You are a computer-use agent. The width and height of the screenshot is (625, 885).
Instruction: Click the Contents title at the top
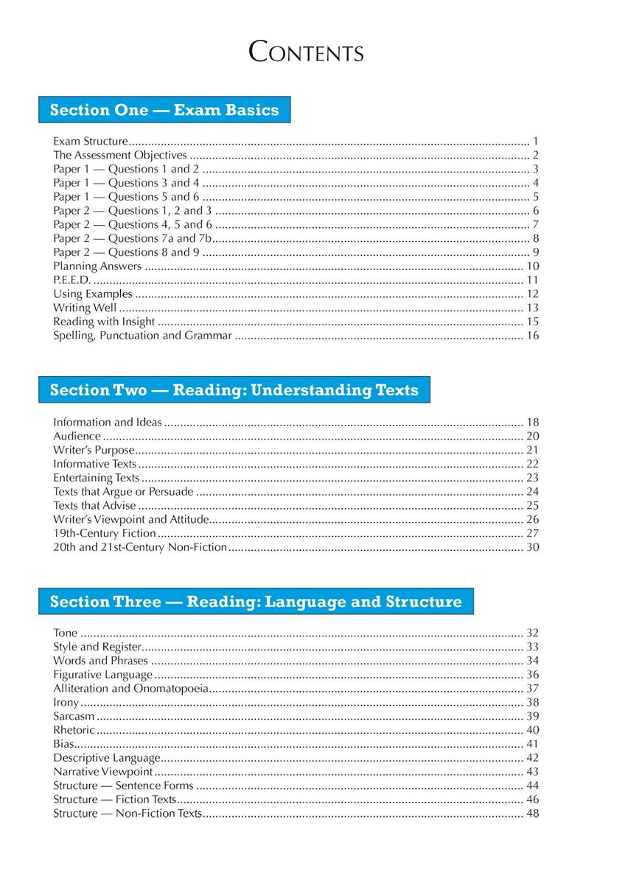pos(307,53)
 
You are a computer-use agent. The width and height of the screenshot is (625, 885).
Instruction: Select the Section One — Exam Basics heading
pos(164,110)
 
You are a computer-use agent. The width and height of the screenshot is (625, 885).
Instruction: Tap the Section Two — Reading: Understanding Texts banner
pos(234,390)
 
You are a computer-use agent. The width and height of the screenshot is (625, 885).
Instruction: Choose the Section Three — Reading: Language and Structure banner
pos(256,602)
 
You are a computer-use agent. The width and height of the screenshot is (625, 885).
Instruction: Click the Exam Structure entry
pos(91,141)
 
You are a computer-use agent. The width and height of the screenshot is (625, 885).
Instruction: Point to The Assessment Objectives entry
pos(120,155)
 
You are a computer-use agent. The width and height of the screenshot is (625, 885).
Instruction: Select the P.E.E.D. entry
pos(69,280)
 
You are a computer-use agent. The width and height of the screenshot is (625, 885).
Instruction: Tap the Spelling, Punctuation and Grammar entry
pos(142,336)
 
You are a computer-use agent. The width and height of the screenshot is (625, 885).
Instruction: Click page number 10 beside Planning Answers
pos(533,266)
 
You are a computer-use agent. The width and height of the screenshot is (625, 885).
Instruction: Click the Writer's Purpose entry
pos(94,450)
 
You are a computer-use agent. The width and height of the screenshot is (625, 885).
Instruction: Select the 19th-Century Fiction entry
pos(105,533)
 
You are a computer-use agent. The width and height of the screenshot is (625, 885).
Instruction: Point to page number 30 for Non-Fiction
pos(533,547)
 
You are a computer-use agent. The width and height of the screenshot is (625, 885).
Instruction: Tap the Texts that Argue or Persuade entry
pos(123,492)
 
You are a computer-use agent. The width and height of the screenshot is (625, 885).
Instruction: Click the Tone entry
pos(65,633)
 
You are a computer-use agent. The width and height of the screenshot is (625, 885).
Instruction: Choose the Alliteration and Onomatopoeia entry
pos(130,689)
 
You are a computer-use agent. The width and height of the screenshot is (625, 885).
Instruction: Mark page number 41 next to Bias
pos(533,744)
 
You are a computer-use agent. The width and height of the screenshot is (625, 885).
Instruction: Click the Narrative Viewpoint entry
pos(103,771)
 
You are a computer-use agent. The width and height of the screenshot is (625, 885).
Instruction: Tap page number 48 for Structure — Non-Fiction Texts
pos(533,813)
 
